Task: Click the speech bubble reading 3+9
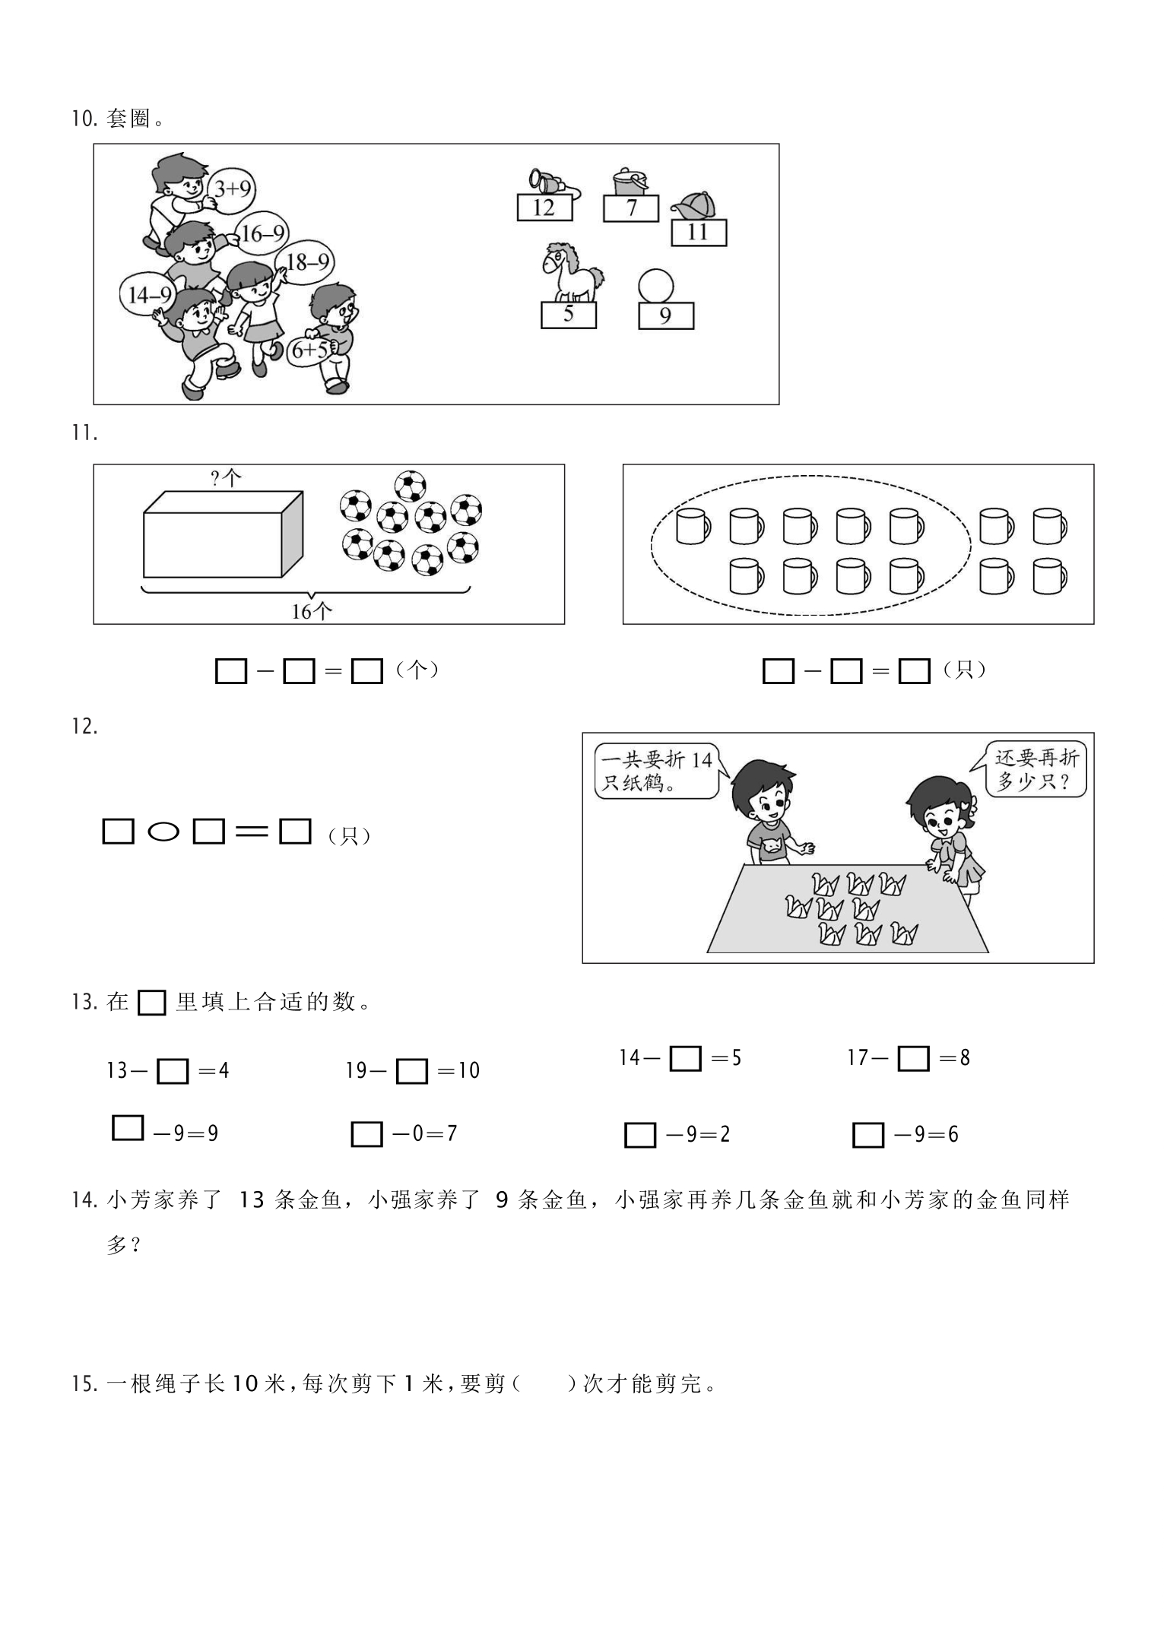(x=232, y=187)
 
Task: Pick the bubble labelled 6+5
(x=310, y=350)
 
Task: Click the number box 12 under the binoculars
(x=544, y=207)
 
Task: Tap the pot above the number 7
(x=630, y=182)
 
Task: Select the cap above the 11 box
(x=693, y=204)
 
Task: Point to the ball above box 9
(x=656, y=287)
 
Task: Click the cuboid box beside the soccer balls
(x=223, y=534)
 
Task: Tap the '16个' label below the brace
(x=312, y=610)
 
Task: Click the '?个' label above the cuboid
(x=226, y=478)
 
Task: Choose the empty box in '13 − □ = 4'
(x=173, y=1071)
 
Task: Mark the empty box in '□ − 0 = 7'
(x=366, y=1135)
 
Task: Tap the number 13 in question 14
(x=252, y=1200)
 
